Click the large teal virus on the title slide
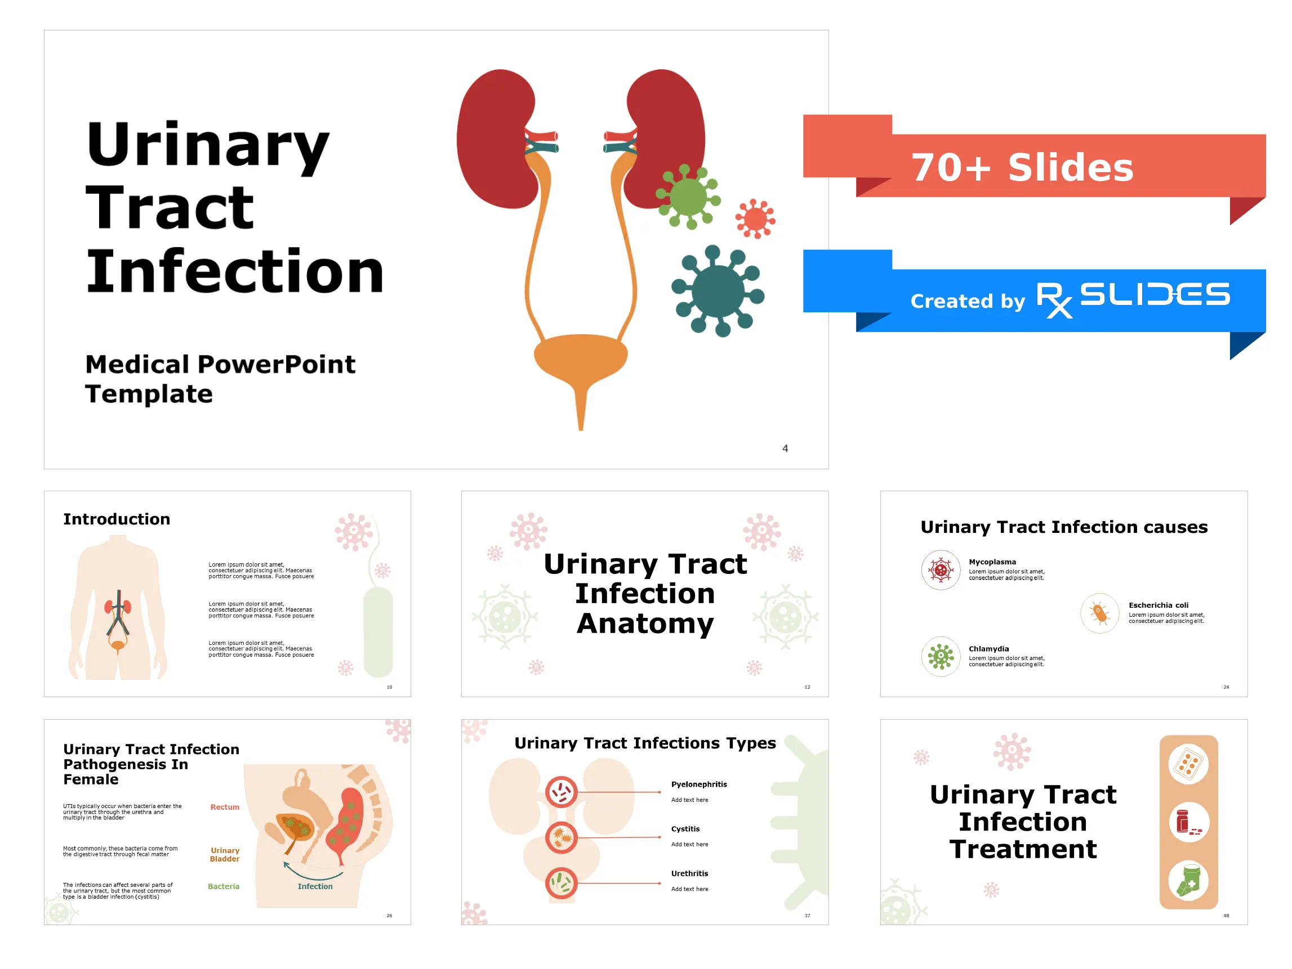719,291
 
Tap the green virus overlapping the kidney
688,197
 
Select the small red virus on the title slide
755,219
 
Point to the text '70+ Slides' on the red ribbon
1022,168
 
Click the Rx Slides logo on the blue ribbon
1133,298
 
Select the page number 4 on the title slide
785,448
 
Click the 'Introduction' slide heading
117,519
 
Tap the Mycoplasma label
992,562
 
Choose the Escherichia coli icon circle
1100,613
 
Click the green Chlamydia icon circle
941,657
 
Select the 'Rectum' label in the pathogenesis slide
225,808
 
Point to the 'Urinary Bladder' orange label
225,855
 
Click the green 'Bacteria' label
224,886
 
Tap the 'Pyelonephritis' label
699,784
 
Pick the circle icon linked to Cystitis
562,838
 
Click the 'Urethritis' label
690,874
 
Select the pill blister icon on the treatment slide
1188,764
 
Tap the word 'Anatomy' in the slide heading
645,623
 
